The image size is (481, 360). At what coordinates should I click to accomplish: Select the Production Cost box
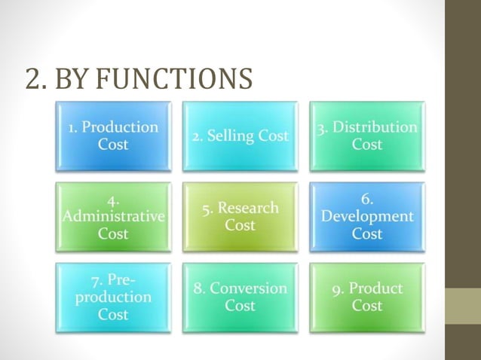(x=113, y=136)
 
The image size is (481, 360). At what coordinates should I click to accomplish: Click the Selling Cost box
(x=240, y=136)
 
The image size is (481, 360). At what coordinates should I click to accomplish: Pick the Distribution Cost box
(x=367, y=136)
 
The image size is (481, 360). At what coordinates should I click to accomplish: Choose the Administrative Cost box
(x=113, y=217)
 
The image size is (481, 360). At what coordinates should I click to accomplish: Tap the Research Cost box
(x=240, y=217)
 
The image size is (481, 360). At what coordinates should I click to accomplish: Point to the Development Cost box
(x=367, y=217)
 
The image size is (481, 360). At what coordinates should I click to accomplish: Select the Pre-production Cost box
(x=113, y=297)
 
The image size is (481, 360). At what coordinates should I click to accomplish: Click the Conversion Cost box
(x=240, y=297)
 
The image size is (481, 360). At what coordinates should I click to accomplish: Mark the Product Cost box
(x=367, y=297)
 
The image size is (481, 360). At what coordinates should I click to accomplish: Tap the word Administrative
(x=113, y=217)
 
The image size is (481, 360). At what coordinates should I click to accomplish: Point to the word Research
(x=248, y=208)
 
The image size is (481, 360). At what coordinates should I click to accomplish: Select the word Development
(x=367, y=217)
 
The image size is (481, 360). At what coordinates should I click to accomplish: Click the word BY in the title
(x=72, y=78)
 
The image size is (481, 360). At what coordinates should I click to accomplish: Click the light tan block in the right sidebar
(x=463, y=306)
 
